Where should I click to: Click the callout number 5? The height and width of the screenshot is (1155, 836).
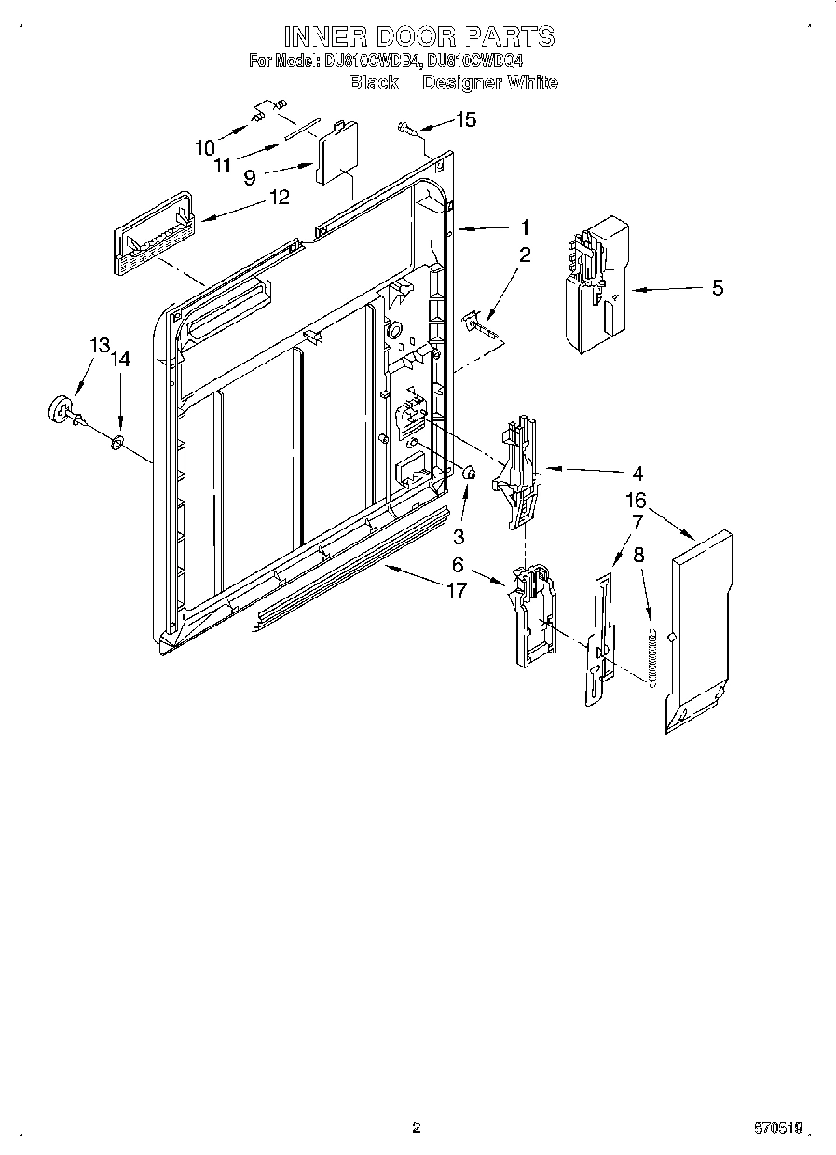click(x=717, y=288)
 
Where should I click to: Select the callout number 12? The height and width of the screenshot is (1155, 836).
click(x=278, y=197)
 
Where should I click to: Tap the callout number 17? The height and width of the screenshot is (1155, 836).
click(x=457, y=589)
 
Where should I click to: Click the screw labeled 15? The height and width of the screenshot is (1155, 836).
click(x=407, y=129)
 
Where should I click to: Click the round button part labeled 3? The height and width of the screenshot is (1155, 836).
click(x=469, y=476)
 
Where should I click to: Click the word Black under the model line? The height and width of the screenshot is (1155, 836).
click(x=374, y=82)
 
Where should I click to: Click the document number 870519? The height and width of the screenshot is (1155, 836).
click(x=779, y=1128)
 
